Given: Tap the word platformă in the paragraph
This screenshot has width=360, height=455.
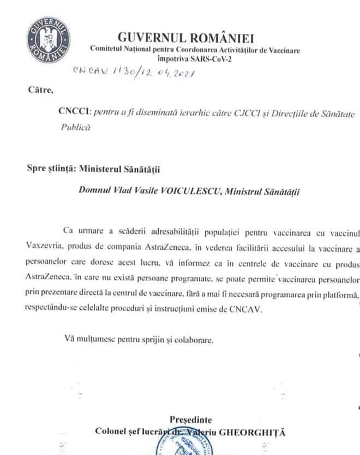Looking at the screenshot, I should pos(338,295).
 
